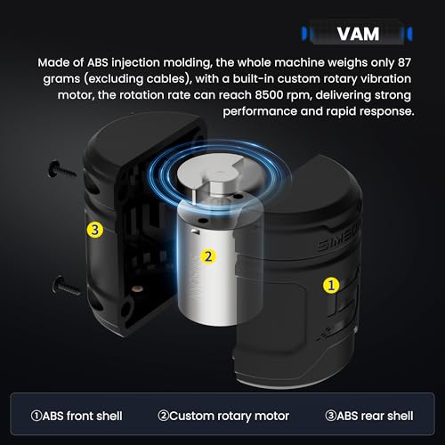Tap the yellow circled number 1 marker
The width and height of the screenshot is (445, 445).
coord(330,285)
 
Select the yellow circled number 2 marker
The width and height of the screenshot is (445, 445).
coord(207,257)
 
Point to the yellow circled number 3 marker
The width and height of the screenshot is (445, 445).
coord(93,230)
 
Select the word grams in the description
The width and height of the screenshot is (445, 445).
coord(57,81)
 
